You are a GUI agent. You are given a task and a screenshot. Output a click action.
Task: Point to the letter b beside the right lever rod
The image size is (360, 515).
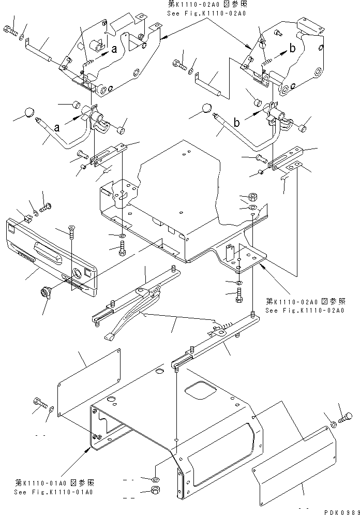pos(236,123)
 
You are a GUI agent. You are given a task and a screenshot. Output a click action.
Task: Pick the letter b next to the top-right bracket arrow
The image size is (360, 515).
pos(292,49)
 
